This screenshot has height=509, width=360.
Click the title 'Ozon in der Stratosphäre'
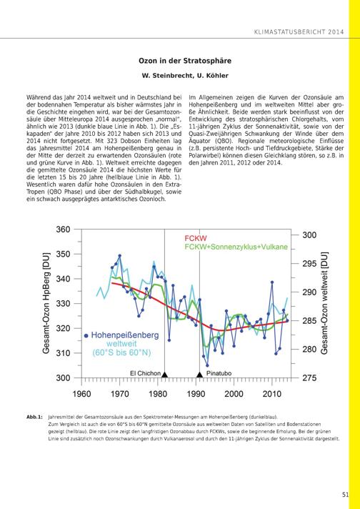pos(185,61)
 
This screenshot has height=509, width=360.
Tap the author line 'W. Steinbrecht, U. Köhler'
pos(185,76)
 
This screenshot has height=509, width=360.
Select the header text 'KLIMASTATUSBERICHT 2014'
pos(299,32)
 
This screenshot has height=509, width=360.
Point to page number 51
pos(345,495)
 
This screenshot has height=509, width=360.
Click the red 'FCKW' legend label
pos(196,239)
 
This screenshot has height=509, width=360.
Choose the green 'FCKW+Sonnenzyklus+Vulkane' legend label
pos(236,247)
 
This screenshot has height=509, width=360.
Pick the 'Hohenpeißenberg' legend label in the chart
pos(125,335)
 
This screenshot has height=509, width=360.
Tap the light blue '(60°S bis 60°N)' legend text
pos(121,353)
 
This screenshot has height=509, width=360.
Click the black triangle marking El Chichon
pos(164,375)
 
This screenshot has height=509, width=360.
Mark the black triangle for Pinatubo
pos(199,375)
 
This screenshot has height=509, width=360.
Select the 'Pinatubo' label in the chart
pos(219,373)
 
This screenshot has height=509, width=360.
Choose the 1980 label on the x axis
pos(158,394)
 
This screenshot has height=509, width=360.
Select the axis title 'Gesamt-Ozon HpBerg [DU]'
pos(46,302)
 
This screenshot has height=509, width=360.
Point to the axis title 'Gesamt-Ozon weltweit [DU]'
pos(324,303)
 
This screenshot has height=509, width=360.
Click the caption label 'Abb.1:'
pos(34,417)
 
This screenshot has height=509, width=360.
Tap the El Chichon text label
pos(145,373)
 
